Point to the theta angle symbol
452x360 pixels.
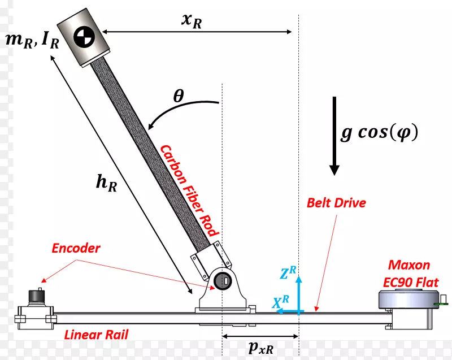point(179,97)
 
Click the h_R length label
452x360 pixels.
point(106,183)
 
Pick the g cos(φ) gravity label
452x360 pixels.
point(379,132)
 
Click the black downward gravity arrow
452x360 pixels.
point(334,136)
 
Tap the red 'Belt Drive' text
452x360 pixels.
point(336,203)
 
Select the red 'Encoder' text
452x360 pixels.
point(76,248)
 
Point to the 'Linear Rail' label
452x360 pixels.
point(96,335)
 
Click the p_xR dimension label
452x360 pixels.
point(260,348)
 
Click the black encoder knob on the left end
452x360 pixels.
point(38,296)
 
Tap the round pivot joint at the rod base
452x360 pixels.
point(220,279)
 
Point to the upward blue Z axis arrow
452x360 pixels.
point(299,291)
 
